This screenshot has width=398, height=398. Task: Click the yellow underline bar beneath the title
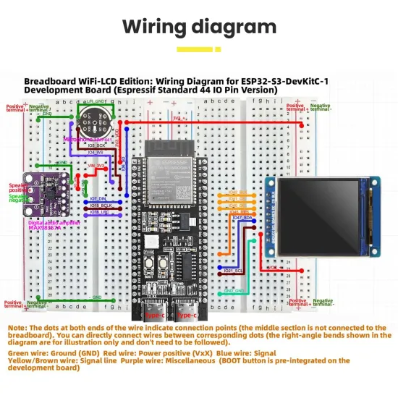click(198, 49)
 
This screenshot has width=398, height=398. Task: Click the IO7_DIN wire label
click(98, 198)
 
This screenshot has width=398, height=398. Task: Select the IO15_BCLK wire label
click(100, 206)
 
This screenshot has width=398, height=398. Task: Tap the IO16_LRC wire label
click(99, 213)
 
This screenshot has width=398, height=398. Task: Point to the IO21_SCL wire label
click(234, 270)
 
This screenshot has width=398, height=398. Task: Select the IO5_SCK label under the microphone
click(96, 145)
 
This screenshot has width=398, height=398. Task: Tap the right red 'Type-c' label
click(186, 316)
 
